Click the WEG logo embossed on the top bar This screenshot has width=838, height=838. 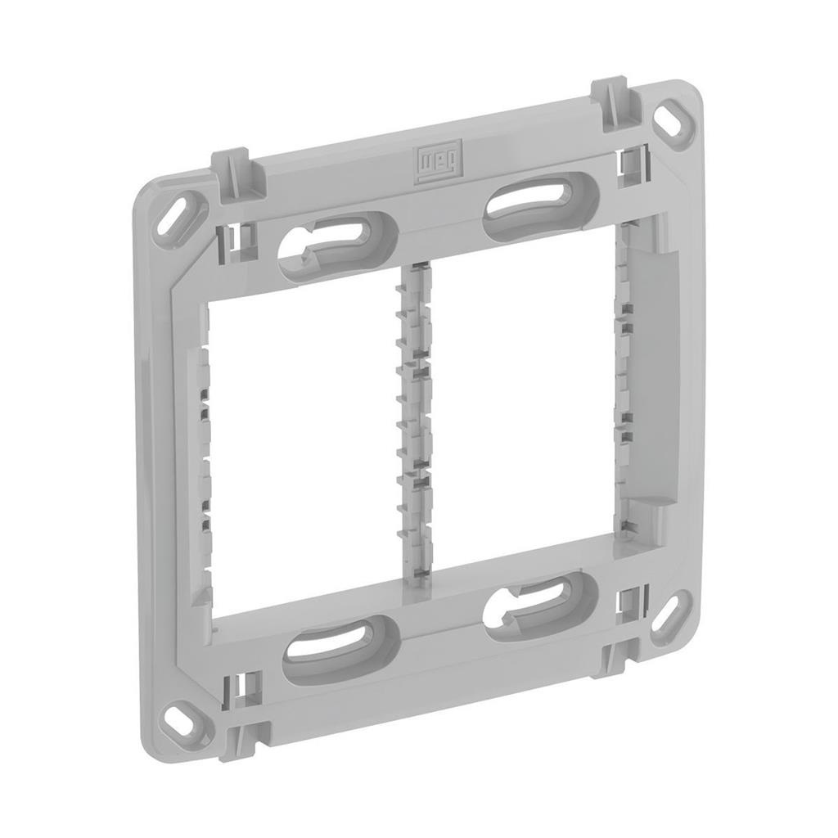pyautogui.click(x=439, y=160)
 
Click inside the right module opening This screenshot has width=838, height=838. pyautogui.click(x=524, y=393)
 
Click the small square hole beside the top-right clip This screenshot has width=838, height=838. pyautogui.click(x=630, y=163)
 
